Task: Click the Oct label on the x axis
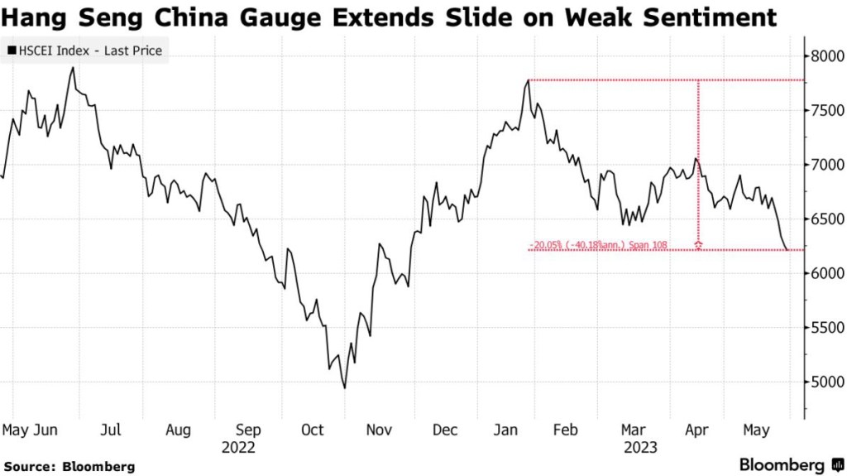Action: [313, 430]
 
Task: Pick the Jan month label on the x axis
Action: [506, 430]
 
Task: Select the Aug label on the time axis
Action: [178, 430]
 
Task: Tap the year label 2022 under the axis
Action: [238, 447]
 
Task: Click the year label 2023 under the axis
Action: [641, 447]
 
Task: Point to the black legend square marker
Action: [11, 51]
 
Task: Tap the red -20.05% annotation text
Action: [597, 245]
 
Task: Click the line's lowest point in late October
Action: [344, 387]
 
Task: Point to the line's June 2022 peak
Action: [73, 68]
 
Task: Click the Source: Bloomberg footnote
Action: [69, 466]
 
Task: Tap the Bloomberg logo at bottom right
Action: [792, 464]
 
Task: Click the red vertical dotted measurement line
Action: [700, 166]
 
